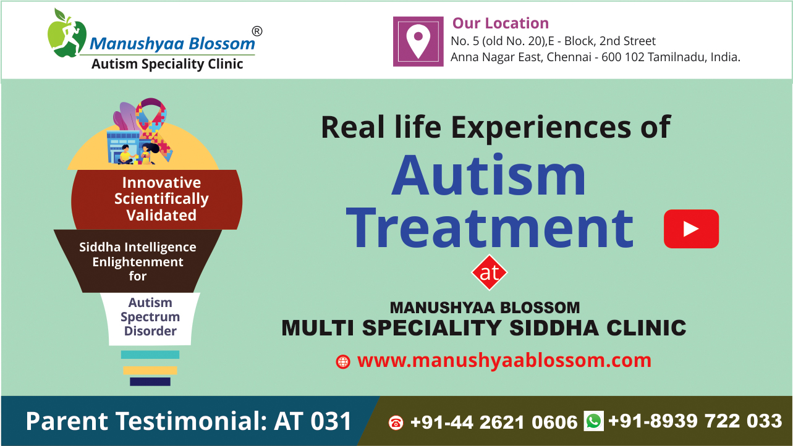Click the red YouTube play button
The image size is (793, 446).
(x=691, y=229)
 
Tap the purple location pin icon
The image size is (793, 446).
(x=418, y=41)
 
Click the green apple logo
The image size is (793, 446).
(x=67, y=33)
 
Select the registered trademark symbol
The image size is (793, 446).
(x=257, y=31)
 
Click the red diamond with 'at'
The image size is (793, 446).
(x=490, y=272)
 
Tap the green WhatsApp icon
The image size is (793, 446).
(x=594, y=421)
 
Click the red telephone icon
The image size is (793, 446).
(x=396, y=423)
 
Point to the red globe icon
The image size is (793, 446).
(x=342, y=362)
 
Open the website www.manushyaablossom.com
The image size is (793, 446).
(x=504, y=361)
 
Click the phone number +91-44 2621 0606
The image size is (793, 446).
(x=494, y=422)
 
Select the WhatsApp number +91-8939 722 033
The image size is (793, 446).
(x=695, y=421)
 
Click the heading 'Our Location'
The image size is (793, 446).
(x=500, y=23)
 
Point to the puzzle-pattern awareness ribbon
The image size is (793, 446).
(x=153, y=129)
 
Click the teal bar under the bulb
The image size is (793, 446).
(x=150, y=355)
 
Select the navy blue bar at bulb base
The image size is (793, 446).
(x=150, y=382)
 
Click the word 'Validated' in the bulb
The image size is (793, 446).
(x=161, y=215)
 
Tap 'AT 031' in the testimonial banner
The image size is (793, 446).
(x=313, y=421)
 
